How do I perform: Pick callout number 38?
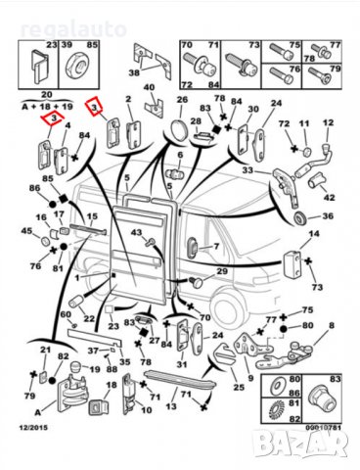(x=134, y=73)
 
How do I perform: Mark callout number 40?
(x=151, y=88)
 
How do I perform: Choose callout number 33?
(x=247, y=170)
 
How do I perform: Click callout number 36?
(x=329, y=216)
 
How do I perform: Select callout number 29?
(x=223, y=271)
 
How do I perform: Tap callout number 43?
(x=137, y=232)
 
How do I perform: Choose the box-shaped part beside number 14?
(x=294, y=259)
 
